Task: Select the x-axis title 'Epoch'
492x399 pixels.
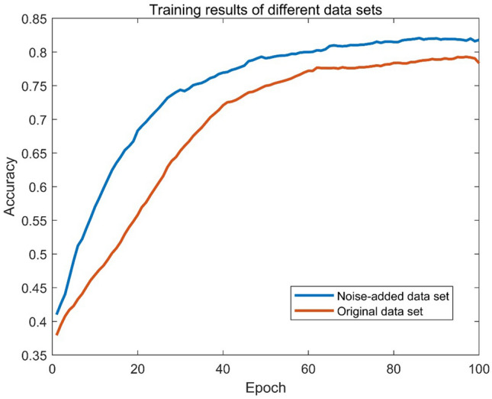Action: (x=265, y=389)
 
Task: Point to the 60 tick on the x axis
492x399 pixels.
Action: (x=308, y=368)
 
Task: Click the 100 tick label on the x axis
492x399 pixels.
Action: (x=478, y=368)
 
